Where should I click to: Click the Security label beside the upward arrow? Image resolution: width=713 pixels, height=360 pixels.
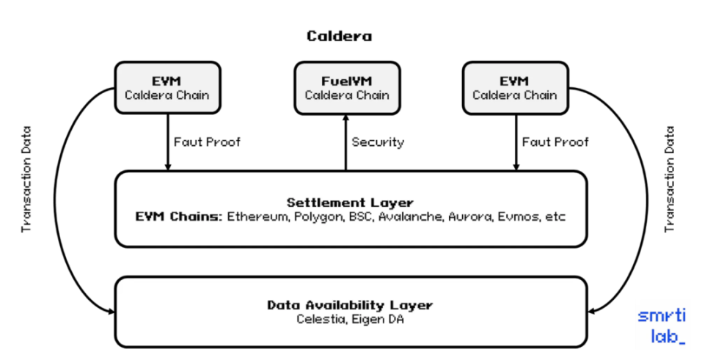click(x=378, y=142)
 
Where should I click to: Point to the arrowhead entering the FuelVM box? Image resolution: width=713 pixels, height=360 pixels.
click(x=345, y=120)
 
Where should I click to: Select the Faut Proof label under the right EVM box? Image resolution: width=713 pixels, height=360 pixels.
click(x=555, y=142)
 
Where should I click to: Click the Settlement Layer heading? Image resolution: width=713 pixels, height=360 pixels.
click(x=350, y=202)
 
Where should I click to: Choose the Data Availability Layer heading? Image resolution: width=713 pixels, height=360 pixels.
click(x=350, y=305)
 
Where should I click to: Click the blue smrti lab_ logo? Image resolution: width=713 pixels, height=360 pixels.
click(x=661, y=326)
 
